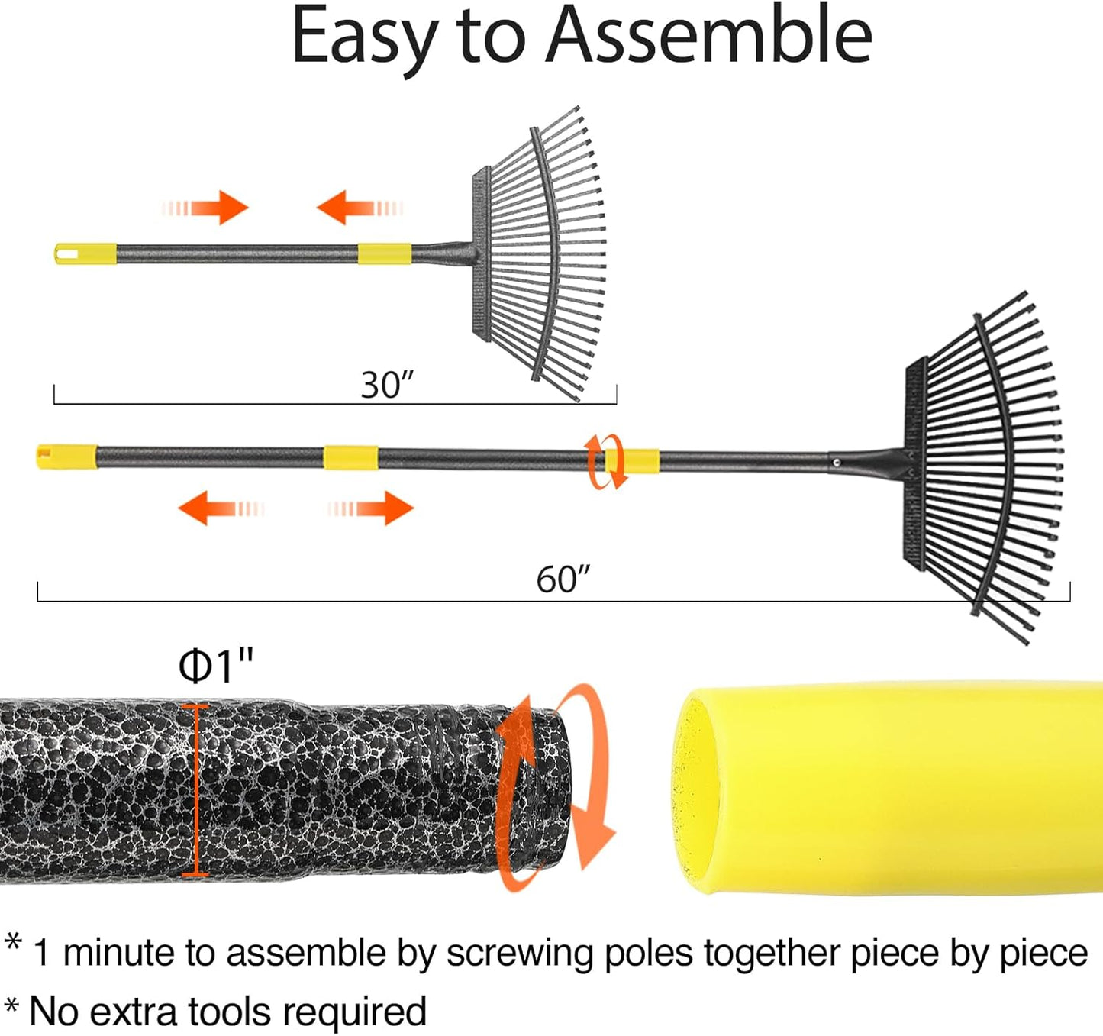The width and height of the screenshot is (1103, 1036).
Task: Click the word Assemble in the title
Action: point(708,37)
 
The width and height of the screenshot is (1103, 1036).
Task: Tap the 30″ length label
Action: point(388,385)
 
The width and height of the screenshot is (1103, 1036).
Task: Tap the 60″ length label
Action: point(563,579)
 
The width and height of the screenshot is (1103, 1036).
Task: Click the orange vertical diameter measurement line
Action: point(195,790)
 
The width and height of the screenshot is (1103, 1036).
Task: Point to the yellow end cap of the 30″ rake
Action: point(85,254)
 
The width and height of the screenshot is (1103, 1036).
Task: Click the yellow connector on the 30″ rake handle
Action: point(384,254)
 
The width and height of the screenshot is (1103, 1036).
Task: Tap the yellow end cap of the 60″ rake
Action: point(66,457)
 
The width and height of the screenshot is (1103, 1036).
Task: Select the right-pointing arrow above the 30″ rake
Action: point(205,208)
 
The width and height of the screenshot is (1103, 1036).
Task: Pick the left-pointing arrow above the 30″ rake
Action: point(360,208)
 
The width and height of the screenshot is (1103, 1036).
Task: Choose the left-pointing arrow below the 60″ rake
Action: point(221,508)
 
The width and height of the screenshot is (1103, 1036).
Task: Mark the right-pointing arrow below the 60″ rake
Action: point(370,508)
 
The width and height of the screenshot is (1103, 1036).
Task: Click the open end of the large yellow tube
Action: point(695,791)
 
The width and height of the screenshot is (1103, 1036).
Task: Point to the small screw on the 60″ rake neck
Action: point(837,462)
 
